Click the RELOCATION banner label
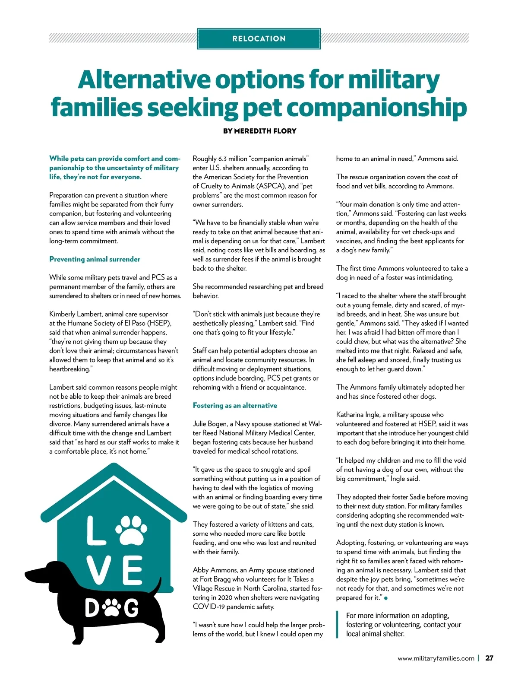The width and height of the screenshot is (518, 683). coord(259,38)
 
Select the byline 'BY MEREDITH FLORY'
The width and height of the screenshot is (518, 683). coord(259,131)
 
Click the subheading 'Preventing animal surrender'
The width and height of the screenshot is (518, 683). coord(95,259)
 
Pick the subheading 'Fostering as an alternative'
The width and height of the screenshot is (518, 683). coord(235,405)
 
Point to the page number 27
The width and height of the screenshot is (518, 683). coord(489,658)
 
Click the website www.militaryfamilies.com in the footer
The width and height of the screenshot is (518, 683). coord(436,658)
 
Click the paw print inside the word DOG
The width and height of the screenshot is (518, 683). coord(113,608)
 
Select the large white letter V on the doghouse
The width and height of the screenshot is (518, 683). coord(101,570)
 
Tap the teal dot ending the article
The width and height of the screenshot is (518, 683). coord(385,598)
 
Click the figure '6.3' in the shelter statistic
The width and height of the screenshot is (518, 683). coord(222,159)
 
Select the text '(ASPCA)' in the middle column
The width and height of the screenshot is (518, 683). coord(271,186)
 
